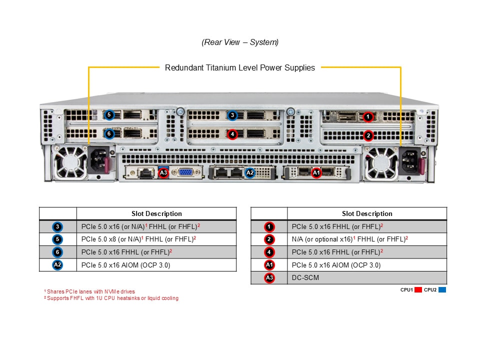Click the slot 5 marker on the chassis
pyautogui.click(x=109, y=115)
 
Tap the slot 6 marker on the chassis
pyautogui.click(x=109, y=133)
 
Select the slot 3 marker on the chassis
pyautogui.click(x=232, y=115)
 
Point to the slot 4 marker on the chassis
pyautogui.click(x=232, y=134)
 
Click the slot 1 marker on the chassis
pyautogui.click(x=368, y=117)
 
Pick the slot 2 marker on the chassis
pyautogui.click(x=368, y=135)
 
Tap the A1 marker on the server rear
pyautogui.click(x=316, y=172)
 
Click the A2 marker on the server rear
pyautogui.click(x=250, y=172)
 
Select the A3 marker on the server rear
pyautogui.click(x=163, y=172)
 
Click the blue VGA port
pyautogui.click(x=184, y=172)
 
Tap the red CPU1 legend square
pyautogui.click(x=418, y=289)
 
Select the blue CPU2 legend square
pyautogui.click(x=442, y=289)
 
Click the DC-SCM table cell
pyautogui.click(x=367, y=278)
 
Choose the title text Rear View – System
pyautogui.click(x=240, y=42)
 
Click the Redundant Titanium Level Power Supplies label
pyautogui.click(x=240, y=67)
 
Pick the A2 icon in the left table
pyautogui.click(x=58, y=265)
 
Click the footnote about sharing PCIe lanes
pyautogui.click(x=89, y=291)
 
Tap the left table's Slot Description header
pyautogui.click(x=156, y=213)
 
